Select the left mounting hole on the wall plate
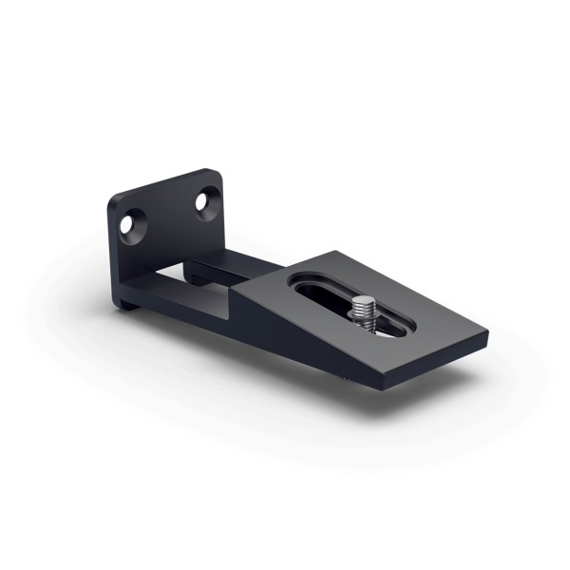point(128,224)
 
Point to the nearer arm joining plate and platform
point(190,309)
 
